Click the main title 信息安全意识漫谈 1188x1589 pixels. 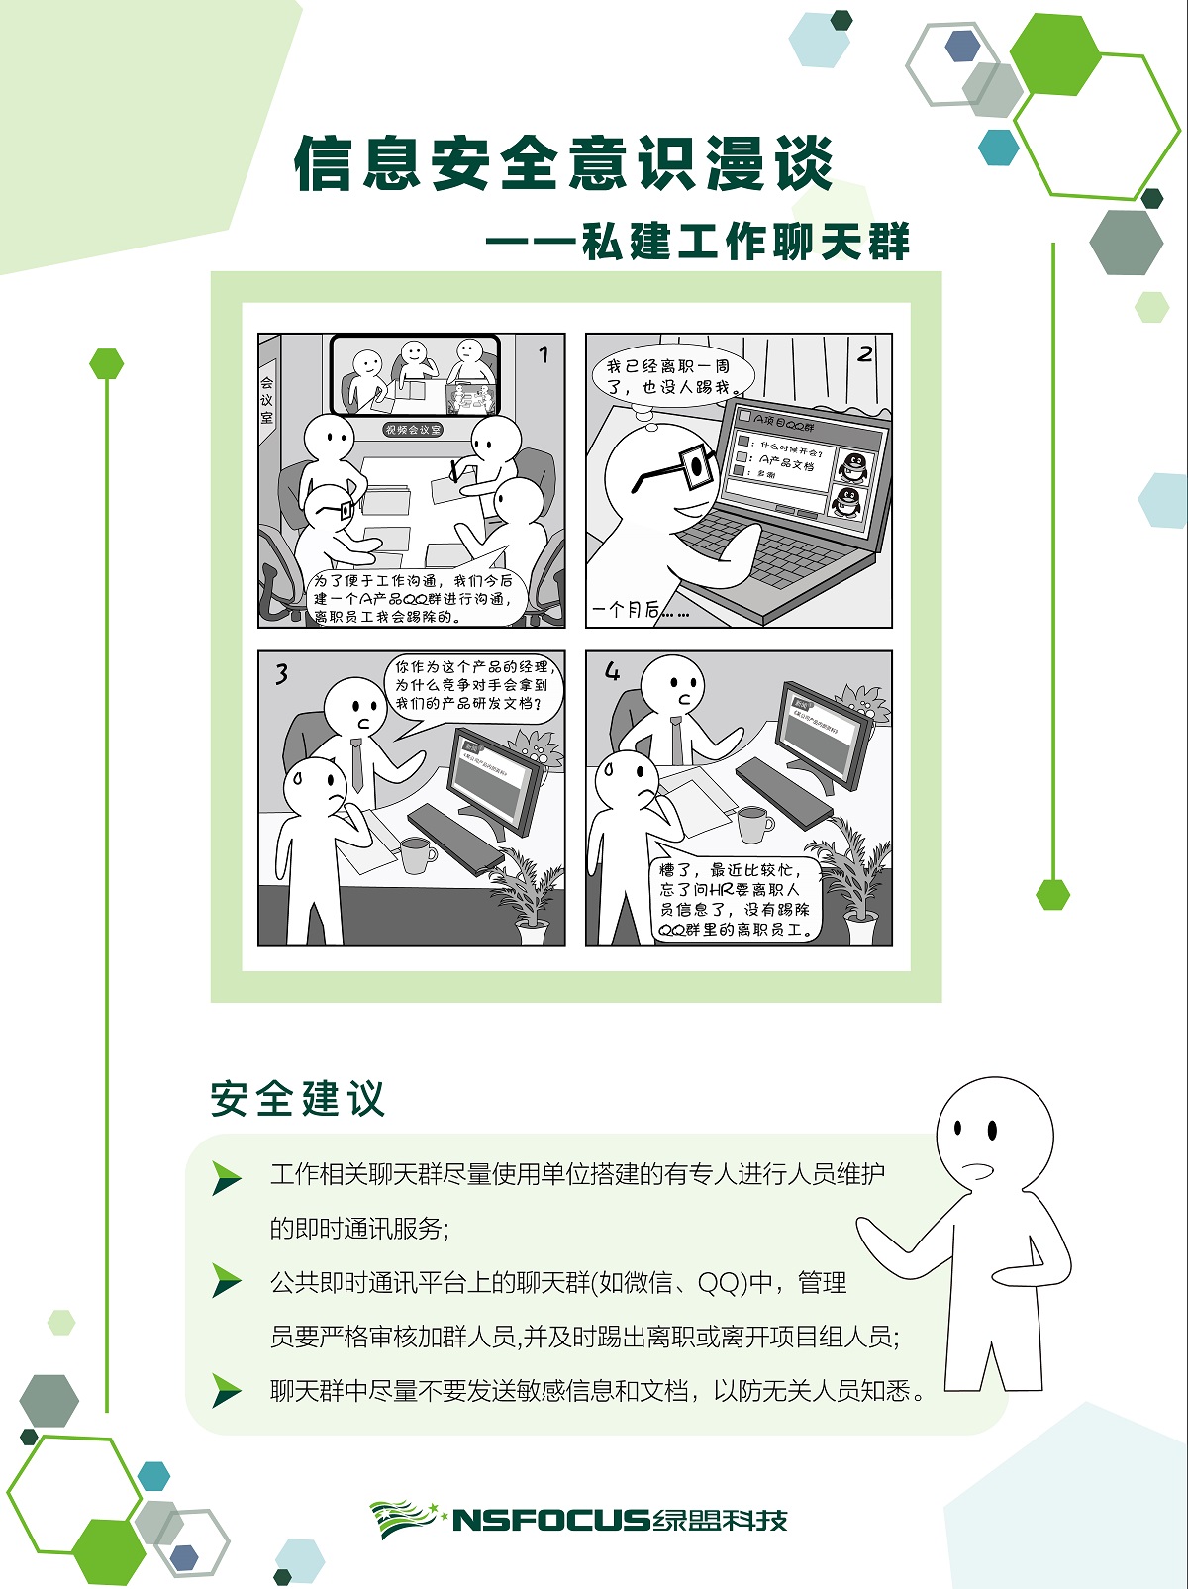[564, 163]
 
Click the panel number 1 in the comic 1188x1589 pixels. [543, 354]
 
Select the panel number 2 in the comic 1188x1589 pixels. [865, 353]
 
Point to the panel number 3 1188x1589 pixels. [282, 674]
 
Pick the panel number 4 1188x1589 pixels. [612, 672]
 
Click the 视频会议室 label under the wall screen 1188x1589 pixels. [413, 430]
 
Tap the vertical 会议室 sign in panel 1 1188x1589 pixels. [267, 400]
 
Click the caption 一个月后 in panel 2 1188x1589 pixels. [639, 610]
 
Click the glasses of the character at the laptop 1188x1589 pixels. [683, 469]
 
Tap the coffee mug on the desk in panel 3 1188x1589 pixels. [417, 854]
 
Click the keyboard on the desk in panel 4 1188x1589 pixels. [783, 792]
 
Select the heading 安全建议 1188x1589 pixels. [297, 1099]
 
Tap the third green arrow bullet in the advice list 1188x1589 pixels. [227, 1391]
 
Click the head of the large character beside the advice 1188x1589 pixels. [994, 1134]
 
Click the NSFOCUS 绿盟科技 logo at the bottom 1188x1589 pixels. [579, 1520]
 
